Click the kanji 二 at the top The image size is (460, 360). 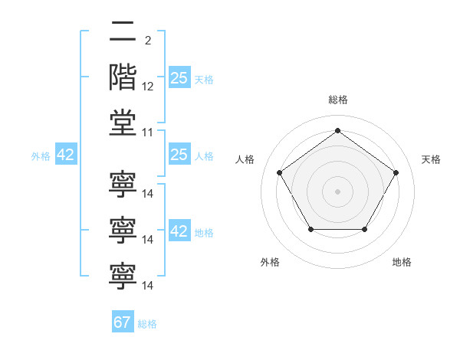pyautogui.click(x=123, y=31)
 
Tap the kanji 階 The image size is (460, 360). pyautogui.click(x=123, y=77)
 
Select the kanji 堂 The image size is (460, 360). pyautogui.click(x=123, y=123)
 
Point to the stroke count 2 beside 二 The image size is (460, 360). pyautogui.click(x=148, y=41)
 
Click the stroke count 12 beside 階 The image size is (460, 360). pyautogui.click(x=147, y=87)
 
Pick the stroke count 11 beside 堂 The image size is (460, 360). pyautogui.click(x=147, y=133)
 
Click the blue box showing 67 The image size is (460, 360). pyautogui.click(x=123, y=321)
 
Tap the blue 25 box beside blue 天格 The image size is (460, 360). pyautogui.click(x=179, y=77)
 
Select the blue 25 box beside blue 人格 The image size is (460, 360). pyautogui.click(x=179, y=154)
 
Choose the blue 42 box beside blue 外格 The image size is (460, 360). pyautogui.click(x=66, y=154)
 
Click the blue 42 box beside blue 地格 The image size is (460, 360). pyautogui.click(x=179, y=230)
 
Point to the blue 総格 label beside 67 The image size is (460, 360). pyautogui.click(x=147, y=324)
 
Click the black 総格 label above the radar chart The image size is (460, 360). pyautogui.click(x=338, y=100)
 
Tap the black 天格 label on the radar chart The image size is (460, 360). pyautogui.click(x=431, y=159)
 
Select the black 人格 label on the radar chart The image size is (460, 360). pyautogui.click(x=245, y=159)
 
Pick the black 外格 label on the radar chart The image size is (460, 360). pyautogui.click(x=270, y=262)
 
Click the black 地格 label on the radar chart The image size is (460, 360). pyautogui.click(x=402, y=262)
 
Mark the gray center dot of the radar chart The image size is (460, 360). pyautogui.click(x=337, y=191)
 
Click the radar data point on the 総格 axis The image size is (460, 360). pyautogui.click(x=337, y=130)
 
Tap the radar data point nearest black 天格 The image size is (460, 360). pyautogui.click(x=396, y=172)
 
